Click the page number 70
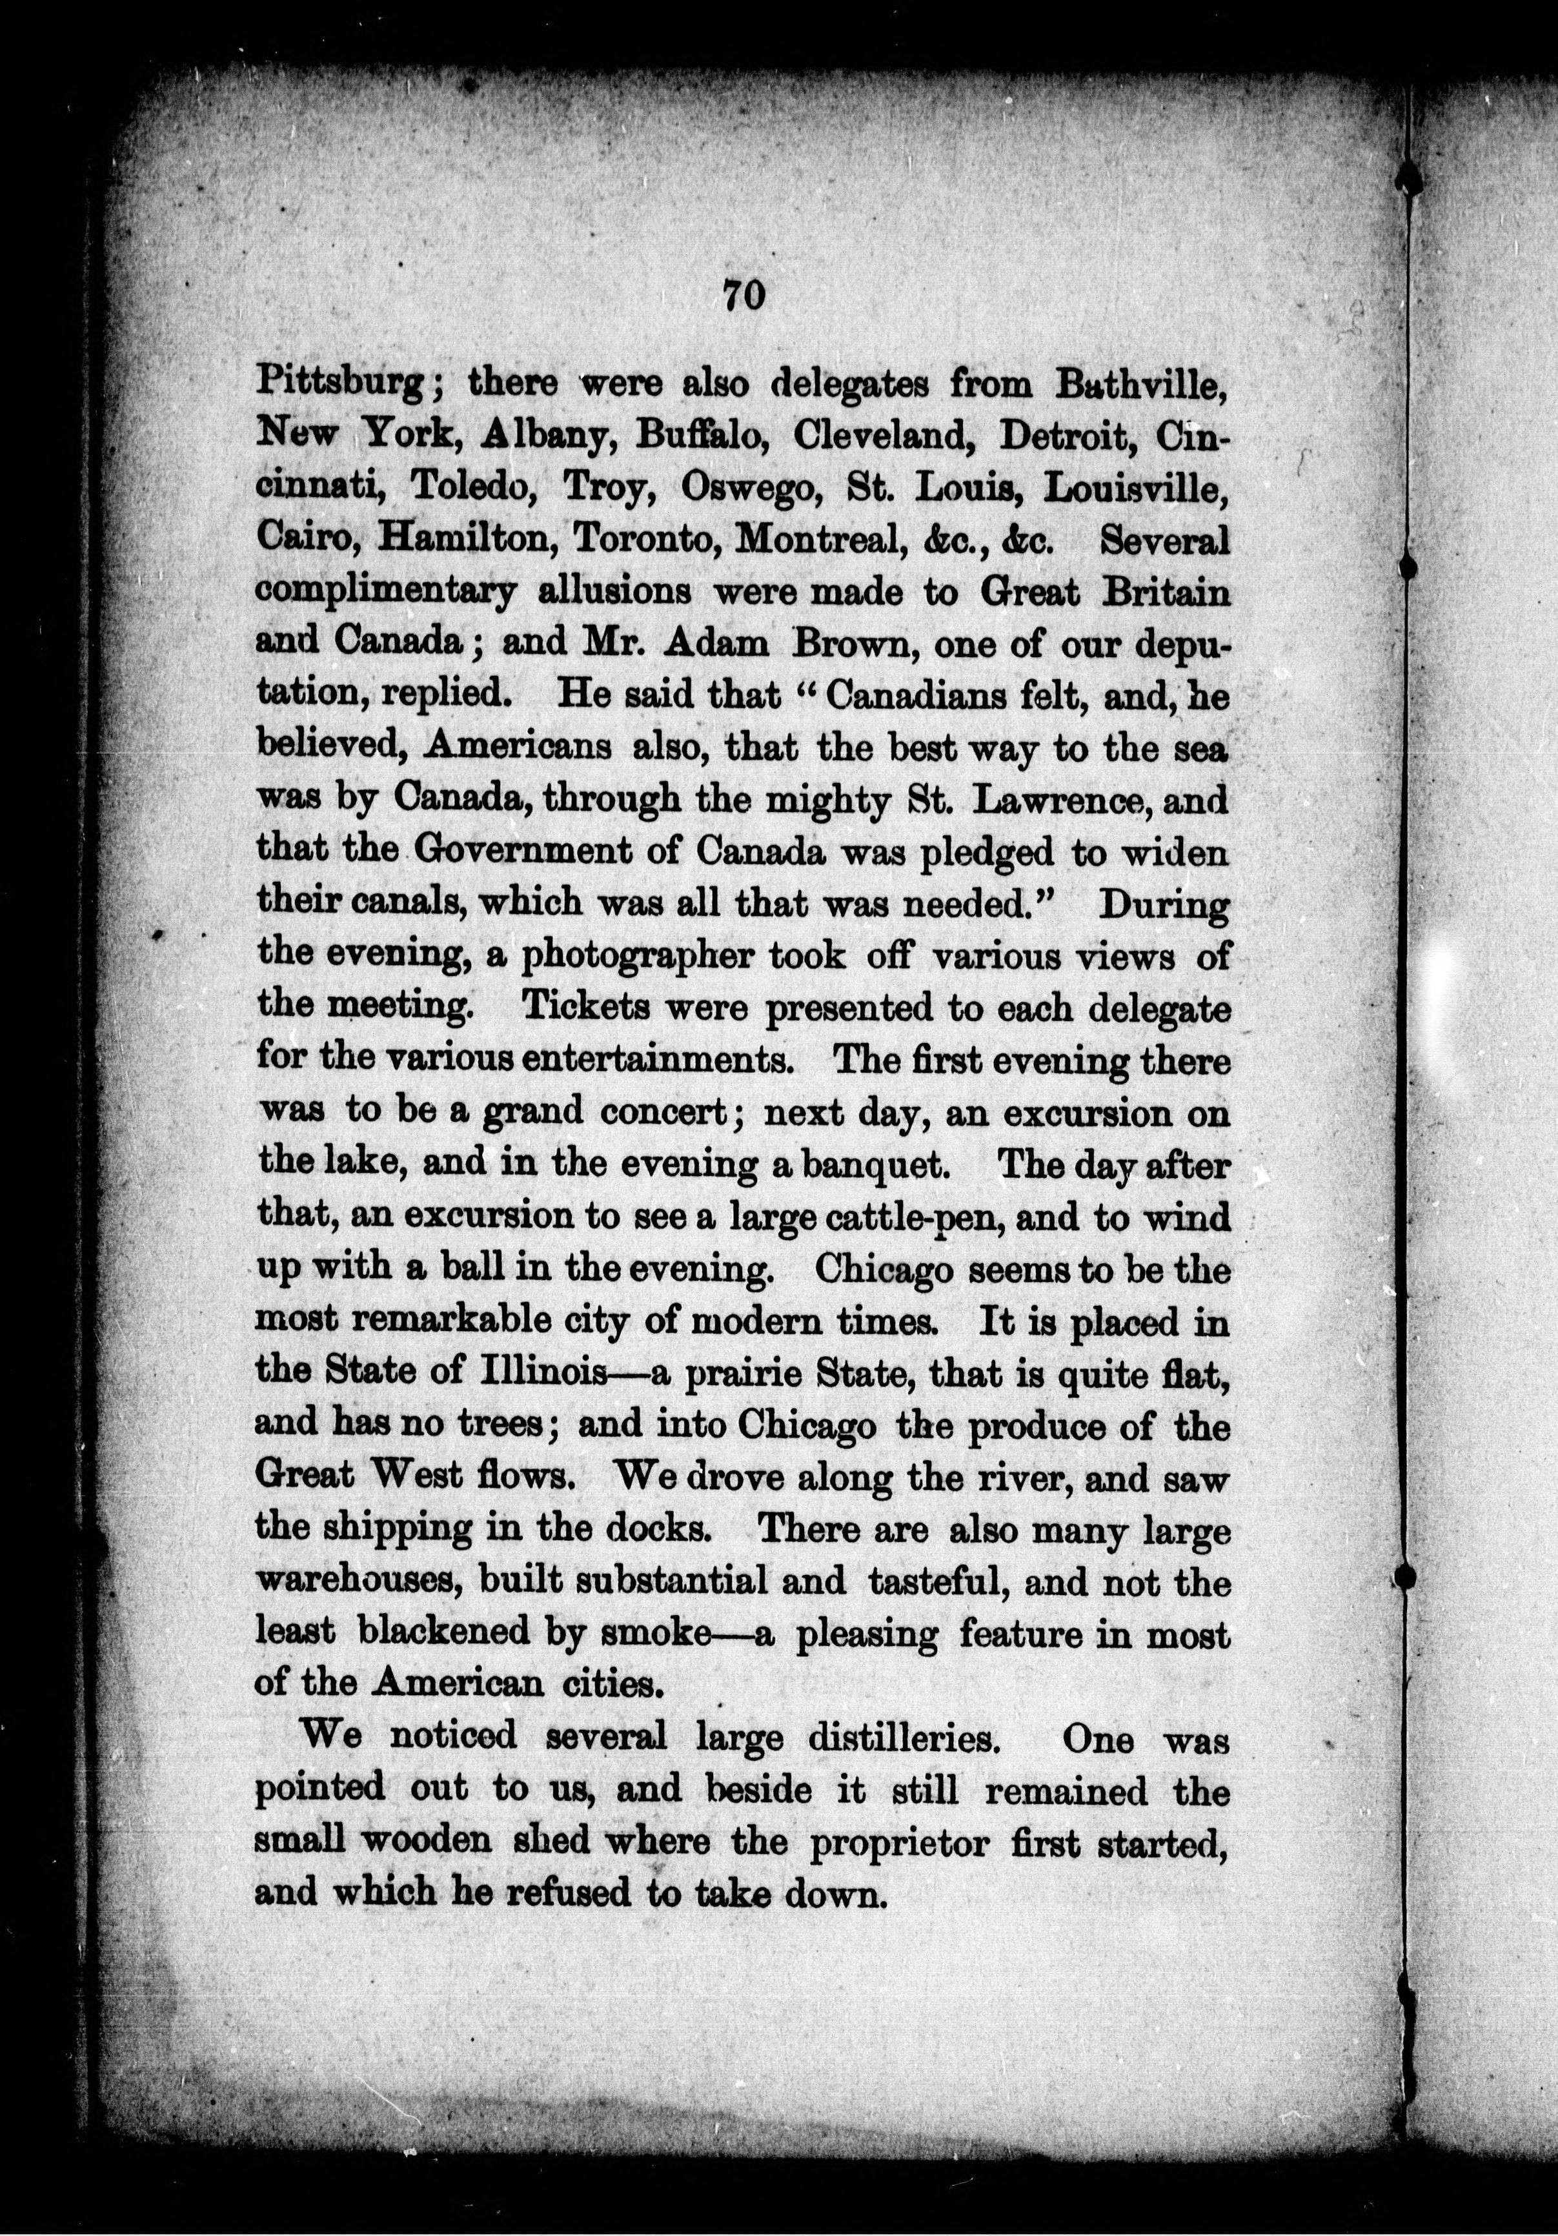[745, 295]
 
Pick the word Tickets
[583, 1009]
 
